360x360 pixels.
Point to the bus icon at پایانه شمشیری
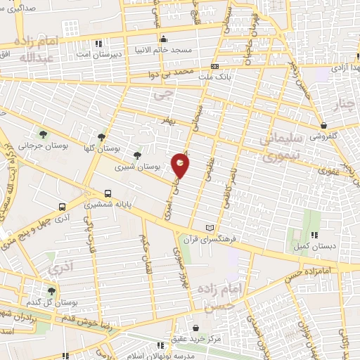[108, 193]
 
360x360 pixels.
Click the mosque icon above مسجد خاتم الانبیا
[163, 39]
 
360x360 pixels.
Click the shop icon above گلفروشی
[323, 125]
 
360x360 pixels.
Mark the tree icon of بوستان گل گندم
[51, 290]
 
